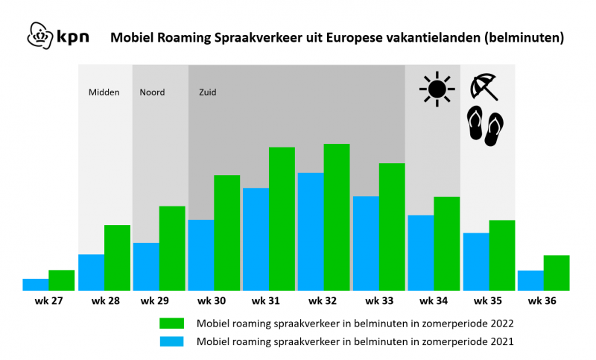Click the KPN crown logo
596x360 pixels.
click(40, 36)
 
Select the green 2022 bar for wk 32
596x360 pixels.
click(337, 217)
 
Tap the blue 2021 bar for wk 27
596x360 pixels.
click(36, 285)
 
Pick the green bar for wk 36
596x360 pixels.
click(557, 273)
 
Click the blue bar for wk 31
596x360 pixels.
click(256, 239)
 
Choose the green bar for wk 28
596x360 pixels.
click(118, 258)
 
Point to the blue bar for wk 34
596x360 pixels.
click(421, 253)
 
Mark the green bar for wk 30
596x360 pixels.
click(227, 233)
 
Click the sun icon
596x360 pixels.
click(437, 89)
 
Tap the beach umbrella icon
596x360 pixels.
click(484, 86)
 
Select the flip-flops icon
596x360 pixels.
click(486, 126)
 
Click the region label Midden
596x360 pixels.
click(104, 92)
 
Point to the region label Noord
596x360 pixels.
click(152, 92)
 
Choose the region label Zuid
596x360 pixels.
click(208, 92)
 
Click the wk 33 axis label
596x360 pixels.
click(379, 300)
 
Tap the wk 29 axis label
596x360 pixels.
click(155, 300)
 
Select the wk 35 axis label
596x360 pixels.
click(488, 300)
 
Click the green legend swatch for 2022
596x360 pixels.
click(172, 323)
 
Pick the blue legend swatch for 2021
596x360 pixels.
click(172, 341)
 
